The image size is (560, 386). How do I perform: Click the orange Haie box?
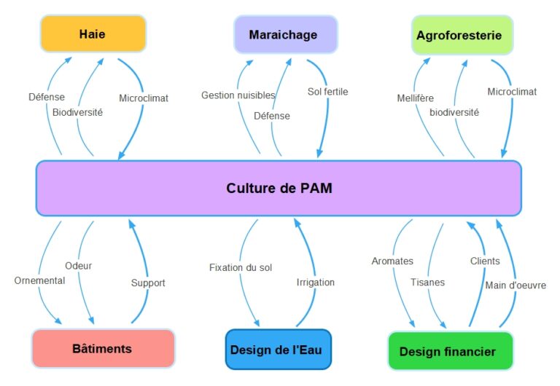93,34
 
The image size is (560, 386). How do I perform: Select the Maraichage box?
286,35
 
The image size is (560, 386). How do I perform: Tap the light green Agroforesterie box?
462,35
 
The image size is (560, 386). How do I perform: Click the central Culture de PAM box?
279,188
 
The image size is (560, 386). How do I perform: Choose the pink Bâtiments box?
104,348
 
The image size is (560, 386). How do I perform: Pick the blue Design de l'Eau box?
279,350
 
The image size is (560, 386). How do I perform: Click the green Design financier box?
451,351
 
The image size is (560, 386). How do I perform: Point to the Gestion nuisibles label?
238,95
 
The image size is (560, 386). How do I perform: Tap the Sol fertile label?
328,92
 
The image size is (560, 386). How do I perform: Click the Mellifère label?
416,98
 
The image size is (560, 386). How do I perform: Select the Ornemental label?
39,280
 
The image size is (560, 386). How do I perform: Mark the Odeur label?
79,266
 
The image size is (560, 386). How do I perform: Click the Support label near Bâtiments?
148,283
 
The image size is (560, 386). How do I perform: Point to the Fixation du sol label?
241,267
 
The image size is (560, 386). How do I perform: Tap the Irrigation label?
316,283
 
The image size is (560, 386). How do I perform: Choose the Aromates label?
392,261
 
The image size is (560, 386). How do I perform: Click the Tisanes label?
428,282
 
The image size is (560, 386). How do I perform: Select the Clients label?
485,261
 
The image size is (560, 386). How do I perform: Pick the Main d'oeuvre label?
516,285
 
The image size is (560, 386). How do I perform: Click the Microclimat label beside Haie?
144,98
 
